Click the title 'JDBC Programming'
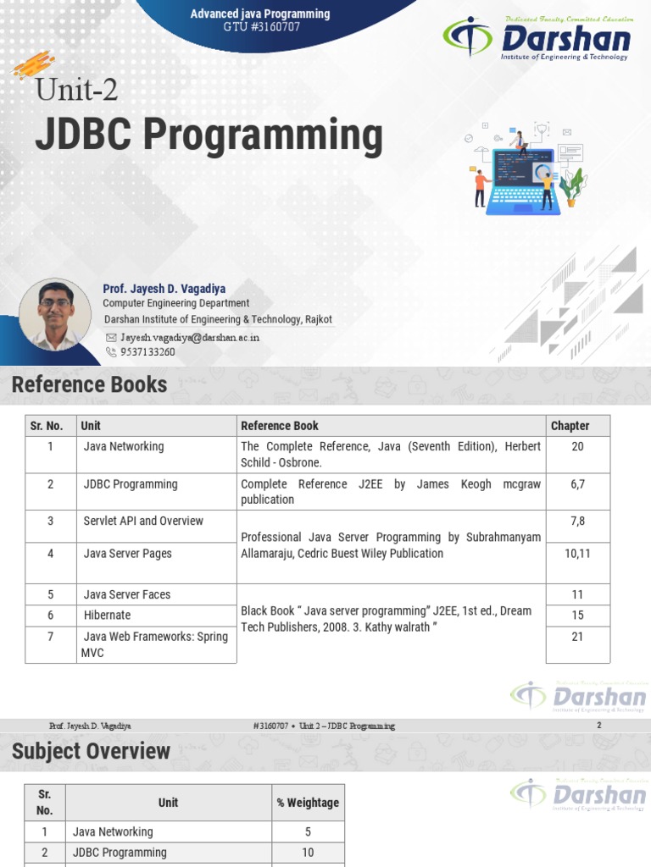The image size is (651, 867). tap(208, 136)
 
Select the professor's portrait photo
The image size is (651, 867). tap(55, 315)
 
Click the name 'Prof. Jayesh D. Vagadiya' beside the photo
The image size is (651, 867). tap(164, 289)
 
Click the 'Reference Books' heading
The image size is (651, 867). tap(89, 385)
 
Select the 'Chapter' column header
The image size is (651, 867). tap(570, 426)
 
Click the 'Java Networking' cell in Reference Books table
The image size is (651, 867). tap(124, 446)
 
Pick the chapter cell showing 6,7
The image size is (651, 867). tap(577, 484)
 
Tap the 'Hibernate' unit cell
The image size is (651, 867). tap(107, 615)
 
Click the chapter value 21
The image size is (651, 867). tap(577, 636)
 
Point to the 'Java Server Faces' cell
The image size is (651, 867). tap(126, 594)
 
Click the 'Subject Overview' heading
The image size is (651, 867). tap(91, 751)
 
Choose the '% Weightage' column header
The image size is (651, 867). tap(308, 803)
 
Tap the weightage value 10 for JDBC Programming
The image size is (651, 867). tap(308, 853)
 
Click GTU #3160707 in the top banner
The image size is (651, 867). tap(260, 27)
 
